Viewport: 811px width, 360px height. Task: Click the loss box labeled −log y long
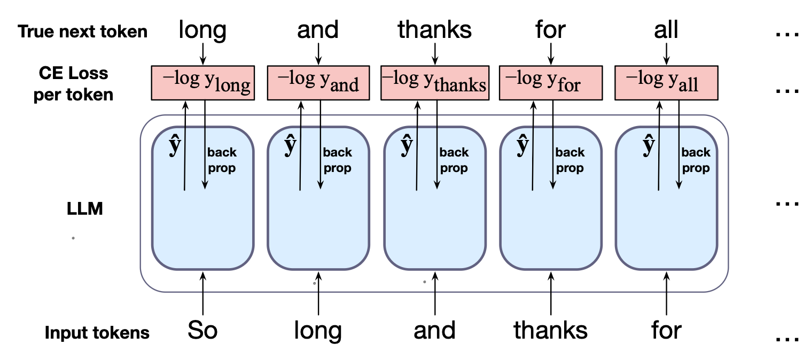[202, 83]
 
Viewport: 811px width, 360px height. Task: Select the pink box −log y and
[318, 83]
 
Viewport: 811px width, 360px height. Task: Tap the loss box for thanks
[434, 83]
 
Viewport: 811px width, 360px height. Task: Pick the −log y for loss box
[551, 83]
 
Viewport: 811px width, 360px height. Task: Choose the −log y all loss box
[666, 83]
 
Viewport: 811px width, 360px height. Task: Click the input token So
[202, 331]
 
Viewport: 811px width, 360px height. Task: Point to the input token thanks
[550, 331]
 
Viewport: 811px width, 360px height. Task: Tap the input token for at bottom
[666, 331]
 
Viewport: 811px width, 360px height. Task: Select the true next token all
[666, 30]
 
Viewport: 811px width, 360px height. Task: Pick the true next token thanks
[435, 30]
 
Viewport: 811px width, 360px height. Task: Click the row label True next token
[83, 32]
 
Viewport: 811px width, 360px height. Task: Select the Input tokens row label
[97, 333]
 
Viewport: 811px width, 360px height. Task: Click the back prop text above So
[221, 160]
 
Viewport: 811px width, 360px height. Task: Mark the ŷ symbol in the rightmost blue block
[649, 146]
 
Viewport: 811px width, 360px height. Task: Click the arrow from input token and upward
[435, 294]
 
